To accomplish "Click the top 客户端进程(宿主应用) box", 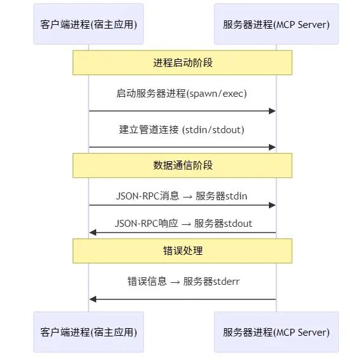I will tap(89, 24).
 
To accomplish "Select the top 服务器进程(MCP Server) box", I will tap(276, 24).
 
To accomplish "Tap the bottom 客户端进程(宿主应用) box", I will tap(89, 332).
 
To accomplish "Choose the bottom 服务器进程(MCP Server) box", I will tap(276, 332).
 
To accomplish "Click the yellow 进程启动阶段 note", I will tap(182, 62).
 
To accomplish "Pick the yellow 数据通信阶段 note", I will tap(182, 165).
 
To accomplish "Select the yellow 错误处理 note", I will tap(182, 251).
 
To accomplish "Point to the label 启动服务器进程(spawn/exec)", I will tap(182, 94).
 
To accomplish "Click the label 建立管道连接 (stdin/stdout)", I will tap(182, 130).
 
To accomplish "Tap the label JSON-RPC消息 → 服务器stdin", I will tap(182, 196).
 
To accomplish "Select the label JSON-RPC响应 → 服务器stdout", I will tap(182, 224).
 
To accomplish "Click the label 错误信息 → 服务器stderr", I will tap(182, 281).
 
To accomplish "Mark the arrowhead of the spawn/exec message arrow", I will tap(273, 112).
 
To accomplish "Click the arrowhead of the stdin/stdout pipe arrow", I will tap(273, 147).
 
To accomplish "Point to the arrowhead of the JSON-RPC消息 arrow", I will tap(273, 205).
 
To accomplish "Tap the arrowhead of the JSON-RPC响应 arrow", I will tap(92, 233).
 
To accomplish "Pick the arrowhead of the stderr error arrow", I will tap(92, 299).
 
